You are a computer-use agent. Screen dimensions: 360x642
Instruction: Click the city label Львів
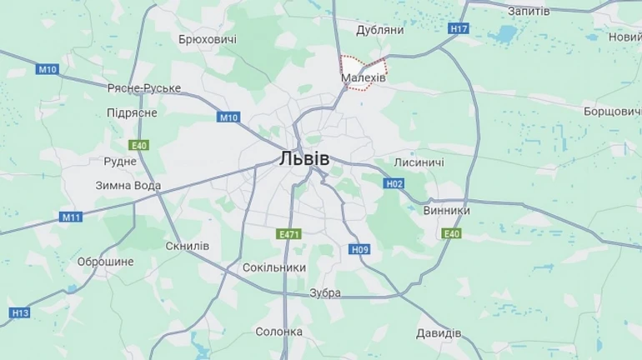[x=304, y=158]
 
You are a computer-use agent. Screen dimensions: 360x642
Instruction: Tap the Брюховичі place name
[x=208, y=39]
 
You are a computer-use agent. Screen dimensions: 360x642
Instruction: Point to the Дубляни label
[x=379, y=30]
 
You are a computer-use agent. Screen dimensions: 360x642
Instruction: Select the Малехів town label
[x=363, y=77]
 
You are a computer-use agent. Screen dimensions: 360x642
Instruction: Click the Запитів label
[x=529, y=11]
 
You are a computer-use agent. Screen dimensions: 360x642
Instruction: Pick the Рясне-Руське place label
[x=144, y=87]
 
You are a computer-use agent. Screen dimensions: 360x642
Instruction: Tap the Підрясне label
[x=132, y=112]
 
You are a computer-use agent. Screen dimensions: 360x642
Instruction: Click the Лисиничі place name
[x=419, y=162]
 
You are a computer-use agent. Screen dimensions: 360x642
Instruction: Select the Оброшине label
[x=105, y=262]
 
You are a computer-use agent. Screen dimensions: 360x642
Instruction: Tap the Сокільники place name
[x=273, y=267]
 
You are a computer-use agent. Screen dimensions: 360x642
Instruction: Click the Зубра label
[x=325, y=292]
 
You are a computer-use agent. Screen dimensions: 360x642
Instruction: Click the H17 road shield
[x=459, y=28]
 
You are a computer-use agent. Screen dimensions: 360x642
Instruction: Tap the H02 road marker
[x=394, y=183]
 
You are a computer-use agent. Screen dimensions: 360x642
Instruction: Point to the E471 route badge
[x=288, y=235]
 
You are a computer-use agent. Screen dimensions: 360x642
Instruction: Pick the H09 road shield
[x=360, y=249]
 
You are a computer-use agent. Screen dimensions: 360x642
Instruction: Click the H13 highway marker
[x=20, y=312]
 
